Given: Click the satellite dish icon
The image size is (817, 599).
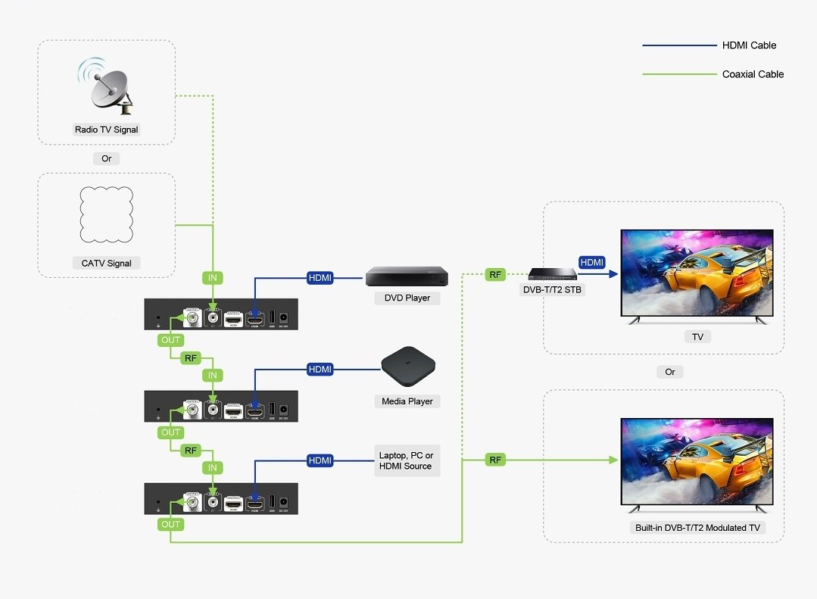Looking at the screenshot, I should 107,84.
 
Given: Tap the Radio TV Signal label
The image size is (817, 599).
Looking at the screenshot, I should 107,129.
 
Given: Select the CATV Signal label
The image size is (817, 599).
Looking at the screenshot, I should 107,264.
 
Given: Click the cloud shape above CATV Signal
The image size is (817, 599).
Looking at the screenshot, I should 107,211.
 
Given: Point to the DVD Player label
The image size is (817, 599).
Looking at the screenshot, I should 407,298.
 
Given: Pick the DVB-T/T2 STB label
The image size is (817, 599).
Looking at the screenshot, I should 552,289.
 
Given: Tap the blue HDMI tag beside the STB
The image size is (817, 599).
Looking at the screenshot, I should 592,262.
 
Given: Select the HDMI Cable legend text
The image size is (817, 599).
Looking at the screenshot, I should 749,45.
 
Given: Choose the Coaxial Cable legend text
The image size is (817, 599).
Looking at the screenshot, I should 753,74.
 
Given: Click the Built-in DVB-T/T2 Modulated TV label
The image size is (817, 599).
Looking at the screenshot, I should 697,528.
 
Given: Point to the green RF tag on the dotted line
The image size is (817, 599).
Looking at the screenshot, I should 495,275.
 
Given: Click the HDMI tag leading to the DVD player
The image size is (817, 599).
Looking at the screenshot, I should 320,278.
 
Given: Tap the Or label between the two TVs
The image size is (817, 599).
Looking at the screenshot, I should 670,372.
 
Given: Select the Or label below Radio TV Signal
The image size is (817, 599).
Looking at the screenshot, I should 107,159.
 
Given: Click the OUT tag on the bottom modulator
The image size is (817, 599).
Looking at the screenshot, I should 171,524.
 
